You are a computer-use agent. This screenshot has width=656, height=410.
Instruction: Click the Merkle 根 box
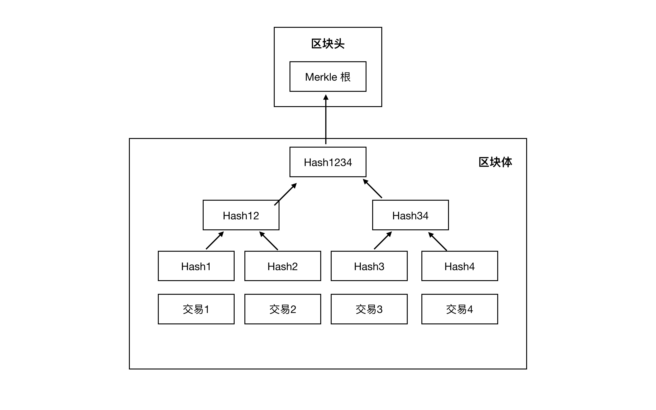point(328,77)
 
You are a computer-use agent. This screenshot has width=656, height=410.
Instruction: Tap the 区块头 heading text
point(328,44)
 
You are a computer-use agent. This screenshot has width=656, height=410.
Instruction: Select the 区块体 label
point(495,162)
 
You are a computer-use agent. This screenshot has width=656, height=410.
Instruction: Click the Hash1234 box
point(328,162)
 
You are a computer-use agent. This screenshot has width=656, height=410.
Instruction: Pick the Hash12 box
point(241,215)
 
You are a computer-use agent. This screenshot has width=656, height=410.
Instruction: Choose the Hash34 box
point(410,215)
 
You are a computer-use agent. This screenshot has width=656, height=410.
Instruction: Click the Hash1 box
point(196,266)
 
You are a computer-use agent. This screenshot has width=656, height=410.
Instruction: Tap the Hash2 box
point(282,266)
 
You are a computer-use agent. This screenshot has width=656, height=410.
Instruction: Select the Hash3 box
point(369,266)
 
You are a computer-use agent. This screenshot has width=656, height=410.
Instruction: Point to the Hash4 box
point(459,266)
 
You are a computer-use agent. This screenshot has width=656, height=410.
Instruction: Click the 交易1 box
point(196,309)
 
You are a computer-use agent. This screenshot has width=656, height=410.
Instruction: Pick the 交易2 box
point(282,309)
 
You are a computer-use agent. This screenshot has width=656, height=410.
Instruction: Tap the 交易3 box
point(369,309)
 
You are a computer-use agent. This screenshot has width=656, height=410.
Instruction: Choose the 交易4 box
point(459,309)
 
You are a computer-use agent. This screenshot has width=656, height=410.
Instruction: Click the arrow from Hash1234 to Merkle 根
point(326,119)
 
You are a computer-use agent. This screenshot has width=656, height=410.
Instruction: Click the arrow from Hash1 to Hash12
point(215,240)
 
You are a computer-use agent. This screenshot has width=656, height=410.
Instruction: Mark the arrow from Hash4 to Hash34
point(438,241)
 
